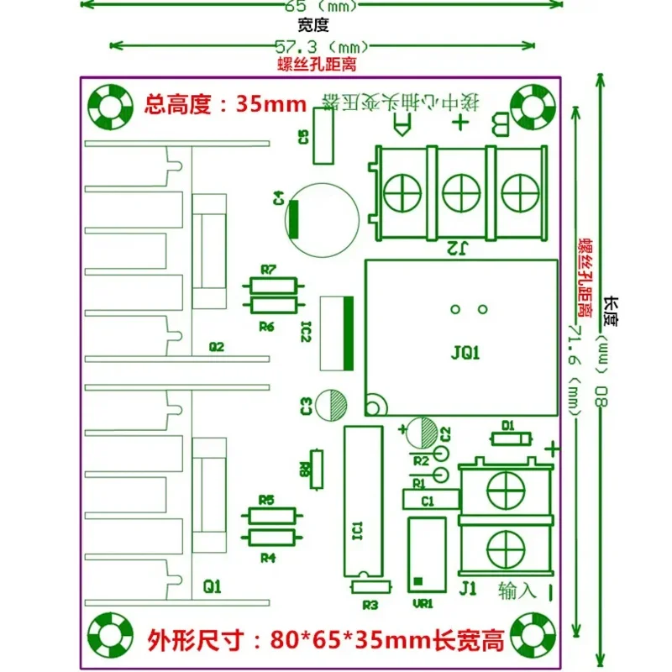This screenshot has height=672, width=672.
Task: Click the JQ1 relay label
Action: coord(465,354)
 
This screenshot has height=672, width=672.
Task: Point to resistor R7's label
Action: coord(269,270)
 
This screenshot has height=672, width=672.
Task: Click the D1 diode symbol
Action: coord(509,438)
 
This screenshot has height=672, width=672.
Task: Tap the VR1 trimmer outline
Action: coord(426,555)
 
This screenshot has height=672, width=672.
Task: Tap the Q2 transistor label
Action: coord(217,346)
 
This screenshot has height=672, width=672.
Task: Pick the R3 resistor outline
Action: coord(370,587)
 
